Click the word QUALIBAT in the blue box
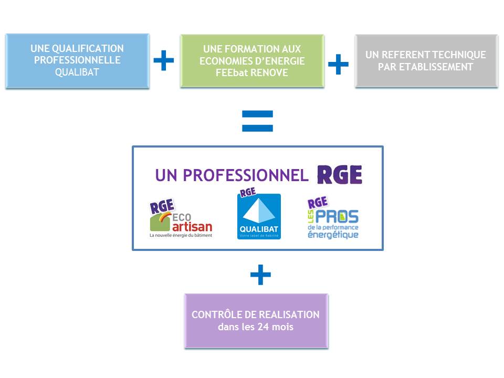(77, 71)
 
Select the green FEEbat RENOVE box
(252, 61)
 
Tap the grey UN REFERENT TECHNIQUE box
(426, 61)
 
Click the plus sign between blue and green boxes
(164, 61)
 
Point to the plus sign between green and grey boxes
(338, 64)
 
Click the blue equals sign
(257, 121)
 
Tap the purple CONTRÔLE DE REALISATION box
(256, 321)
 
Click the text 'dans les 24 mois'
(256, 327)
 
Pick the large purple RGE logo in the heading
(340, 175)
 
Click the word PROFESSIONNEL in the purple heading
(246, 176)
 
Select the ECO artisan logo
(181, 220)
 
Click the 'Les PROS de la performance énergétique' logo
(333, 219)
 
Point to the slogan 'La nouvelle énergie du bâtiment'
(181, 236)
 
